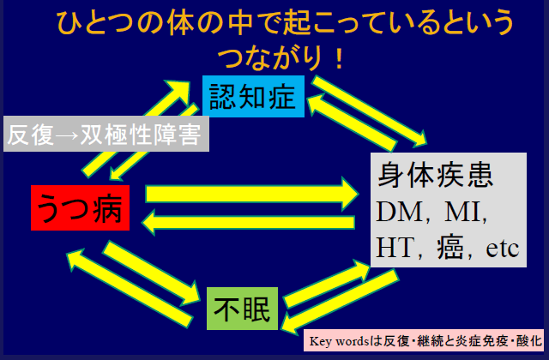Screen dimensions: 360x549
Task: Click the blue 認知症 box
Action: [x=254, y=94]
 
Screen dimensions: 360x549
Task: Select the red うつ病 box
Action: [x=81, y=207]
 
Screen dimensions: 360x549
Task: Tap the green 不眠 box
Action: [x=243, y=307]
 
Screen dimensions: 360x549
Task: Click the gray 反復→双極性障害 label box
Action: [x=107, y=135]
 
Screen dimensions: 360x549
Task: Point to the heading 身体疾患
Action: [x=435, y=175]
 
